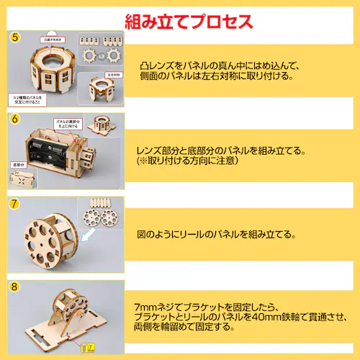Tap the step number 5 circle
coord(15,37)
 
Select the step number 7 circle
coord(15,204)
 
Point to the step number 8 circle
coord(15,287)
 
